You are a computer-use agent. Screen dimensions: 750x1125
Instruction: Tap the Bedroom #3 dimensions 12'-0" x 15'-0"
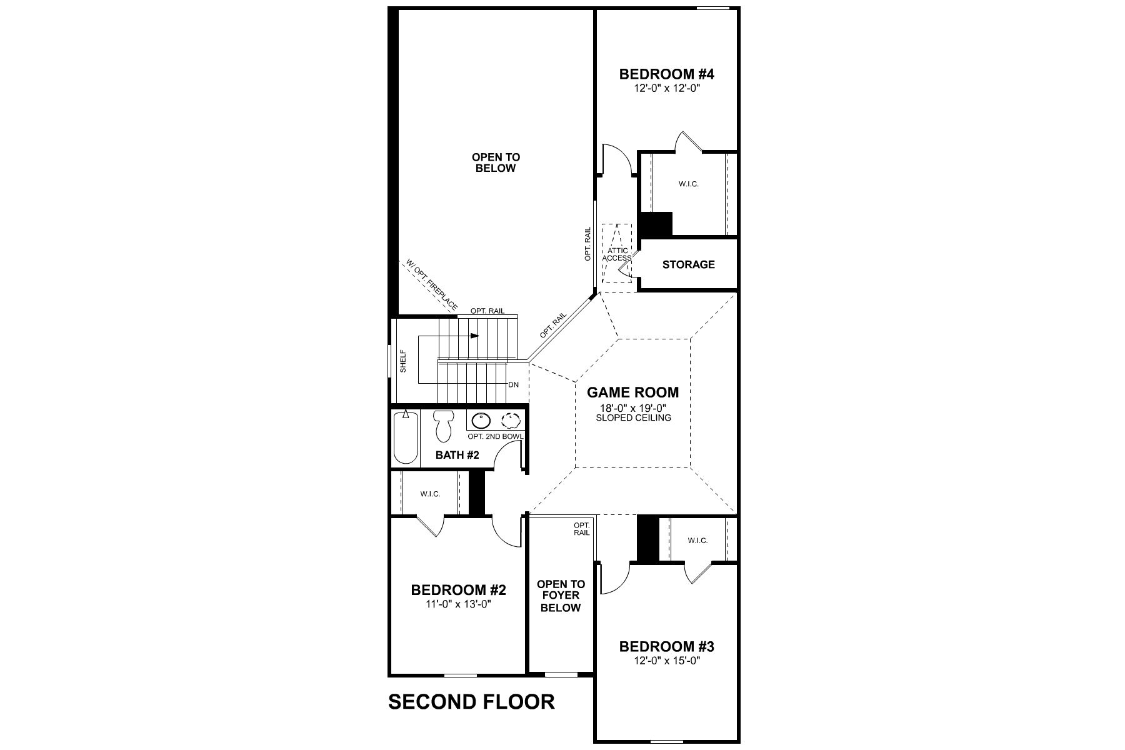point(666,661)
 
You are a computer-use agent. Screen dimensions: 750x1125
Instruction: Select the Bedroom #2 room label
point(458,590)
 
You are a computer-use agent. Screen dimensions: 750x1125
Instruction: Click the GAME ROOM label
point(632,392)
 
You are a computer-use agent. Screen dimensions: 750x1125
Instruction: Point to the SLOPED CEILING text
point(633,417)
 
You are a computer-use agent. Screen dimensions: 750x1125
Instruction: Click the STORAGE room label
point(688,264)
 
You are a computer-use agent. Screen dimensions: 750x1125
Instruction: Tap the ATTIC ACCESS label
point(616,254)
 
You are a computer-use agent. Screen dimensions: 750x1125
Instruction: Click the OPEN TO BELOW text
point(496,162)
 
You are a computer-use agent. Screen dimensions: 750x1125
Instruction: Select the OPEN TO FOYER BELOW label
point(561,596)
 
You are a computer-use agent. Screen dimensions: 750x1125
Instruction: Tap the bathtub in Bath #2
point(406,437)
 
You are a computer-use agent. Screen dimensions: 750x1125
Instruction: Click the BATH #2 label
point(457,455)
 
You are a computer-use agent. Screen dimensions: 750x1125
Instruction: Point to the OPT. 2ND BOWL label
point(495,436)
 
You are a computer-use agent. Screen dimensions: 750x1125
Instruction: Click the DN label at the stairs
point(513,384)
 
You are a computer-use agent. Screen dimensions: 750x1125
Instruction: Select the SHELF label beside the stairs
point(403,361)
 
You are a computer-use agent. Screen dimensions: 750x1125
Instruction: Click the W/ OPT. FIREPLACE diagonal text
point(431,285)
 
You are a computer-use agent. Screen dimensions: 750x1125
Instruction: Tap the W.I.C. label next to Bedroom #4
point(688,184)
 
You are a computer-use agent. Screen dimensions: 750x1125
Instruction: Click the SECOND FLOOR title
point(471,701)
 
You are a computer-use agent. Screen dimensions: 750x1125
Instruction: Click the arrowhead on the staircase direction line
point(474,336)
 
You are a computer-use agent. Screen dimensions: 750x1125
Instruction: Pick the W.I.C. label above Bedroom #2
point(430,494)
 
